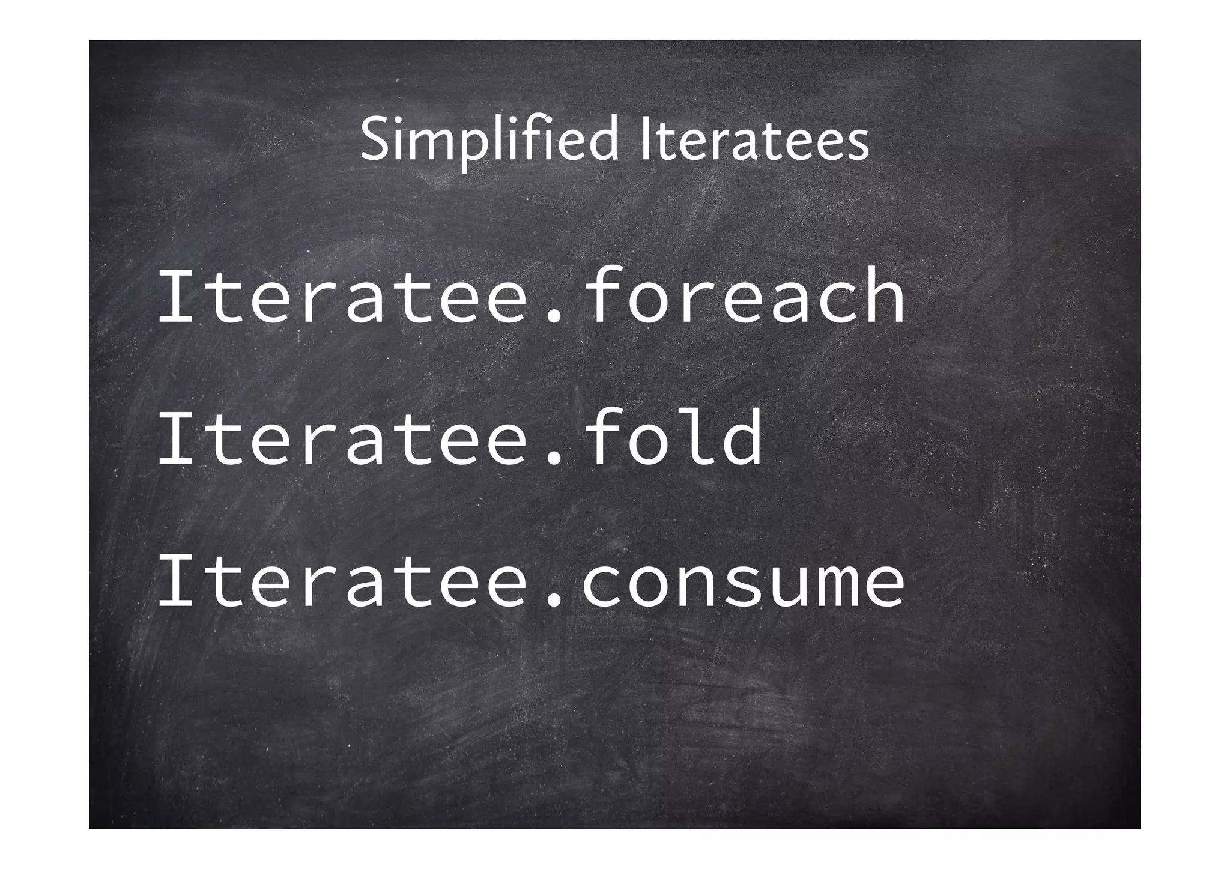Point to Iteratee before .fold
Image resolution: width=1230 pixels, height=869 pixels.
click(343, 438)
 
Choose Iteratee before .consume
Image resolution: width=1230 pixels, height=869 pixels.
click(343, 580)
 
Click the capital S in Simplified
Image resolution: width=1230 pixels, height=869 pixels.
click(375, 141)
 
